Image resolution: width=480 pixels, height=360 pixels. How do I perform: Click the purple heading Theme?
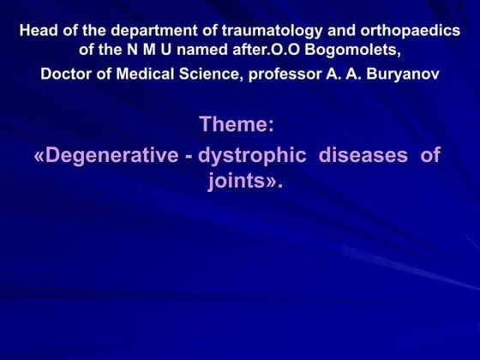point(237,124)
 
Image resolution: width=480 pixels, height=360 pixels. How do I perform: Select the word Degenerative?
point(115,156)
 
